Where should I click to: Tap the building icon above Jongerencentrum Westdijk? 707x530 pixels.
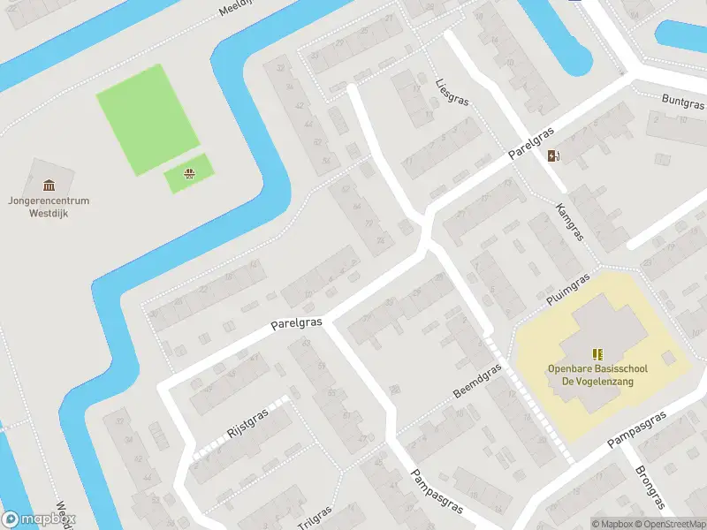48,185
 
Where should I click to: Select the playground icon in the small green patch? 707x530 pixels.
189,173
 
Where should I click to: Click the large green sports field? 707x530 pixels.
147,119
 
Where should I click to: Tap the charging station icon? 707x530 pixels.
554,156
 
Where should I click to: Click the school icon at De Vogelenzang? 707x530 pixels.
597,354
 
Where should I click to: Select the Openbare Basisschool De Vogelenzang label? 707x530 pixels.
597,375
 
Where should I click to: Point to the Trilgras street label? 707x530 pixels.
315,518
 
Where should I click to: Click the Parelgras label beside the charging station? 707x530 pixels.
531,143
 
